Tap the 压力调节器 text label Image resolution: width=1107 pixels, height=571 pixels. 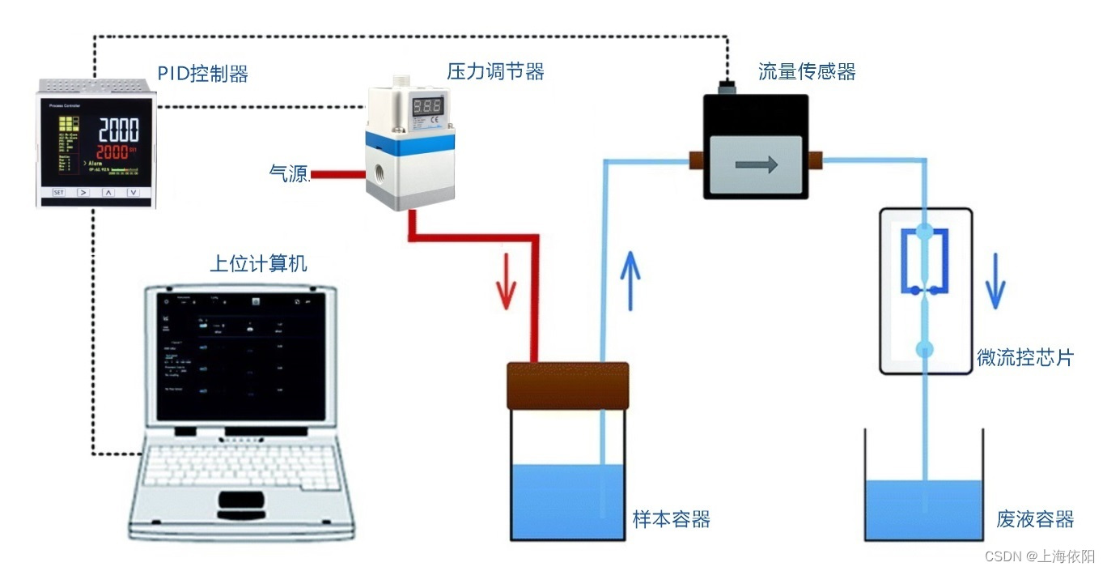coord(495,71)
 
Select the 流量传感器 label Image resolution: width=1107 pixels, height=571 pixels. coord(807,71)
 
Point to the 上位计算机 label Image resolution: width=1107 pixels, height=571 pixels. coord(259,263)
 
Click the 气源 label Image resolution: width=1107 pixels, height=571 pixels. coord(289,173)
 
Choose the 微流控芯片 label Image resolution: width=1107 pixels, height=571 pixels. coord(1025,357)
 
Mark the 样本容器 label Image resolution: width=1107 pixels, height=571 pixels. coord(672,519)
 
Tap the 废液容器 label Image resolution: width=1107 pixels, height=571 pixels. coord(1035,519)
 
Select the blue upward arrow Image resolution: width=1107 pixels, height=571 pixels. coord(630,279)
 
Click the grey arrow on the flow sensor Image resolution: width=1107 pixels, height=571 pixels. coord(756,165)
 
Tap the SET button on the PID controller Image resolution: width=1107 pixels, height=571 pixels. coord(58,193)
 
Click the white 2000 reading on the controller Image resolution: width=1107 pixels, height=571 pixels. coord(118,130)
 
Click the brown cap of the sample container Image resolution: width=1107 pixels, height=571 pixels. coord(567,386)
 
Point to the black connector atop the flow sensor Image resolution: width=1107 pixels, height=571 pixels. coord(727,84)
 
